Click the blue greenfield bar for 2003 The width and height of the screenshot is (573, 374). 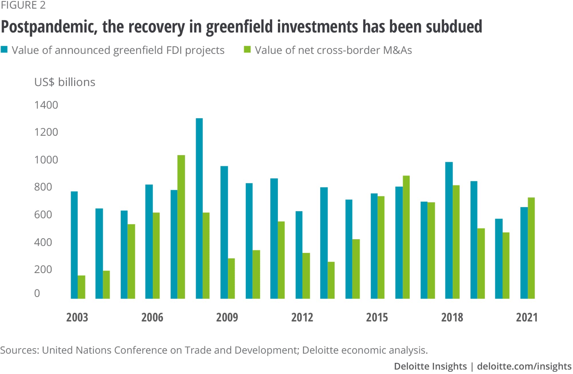point(74,245)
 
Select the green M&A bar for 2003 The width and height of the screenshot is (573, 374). point(81,287)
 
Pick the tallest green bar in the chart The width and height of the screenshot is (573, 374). point(181,227)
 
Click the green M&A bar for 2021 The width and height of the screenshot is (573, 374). point(531,248)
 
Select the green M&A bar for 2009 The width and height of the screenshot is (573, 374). point(231,278)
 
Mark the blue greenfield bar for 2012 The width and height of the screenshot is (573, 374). point(299,255)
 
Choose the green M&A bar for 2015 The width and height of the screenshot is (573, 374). point(381,248)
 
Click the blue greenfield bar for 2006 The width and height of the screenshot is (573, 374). point(149,241)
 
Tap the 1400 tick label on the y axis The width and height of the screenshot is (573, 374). point(46,105)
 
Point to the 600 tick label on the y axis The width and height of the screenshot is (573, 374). point(43,215)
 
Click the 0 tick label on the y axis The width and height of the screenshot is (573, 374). point(37,293)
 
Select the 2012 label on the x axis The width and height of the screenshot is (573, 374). point(302,317)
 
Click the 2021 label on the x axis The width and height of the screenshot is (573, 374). point(527,317)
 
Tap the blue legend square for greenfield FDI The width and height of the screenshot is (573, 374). point(4,50)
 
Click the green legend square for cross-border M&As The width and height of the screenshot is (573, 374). point(247,50)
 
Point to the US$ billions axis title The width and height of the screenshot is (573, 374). point(64,82)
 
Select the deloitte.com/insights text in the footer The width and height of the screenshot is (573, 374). point(524,366)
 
